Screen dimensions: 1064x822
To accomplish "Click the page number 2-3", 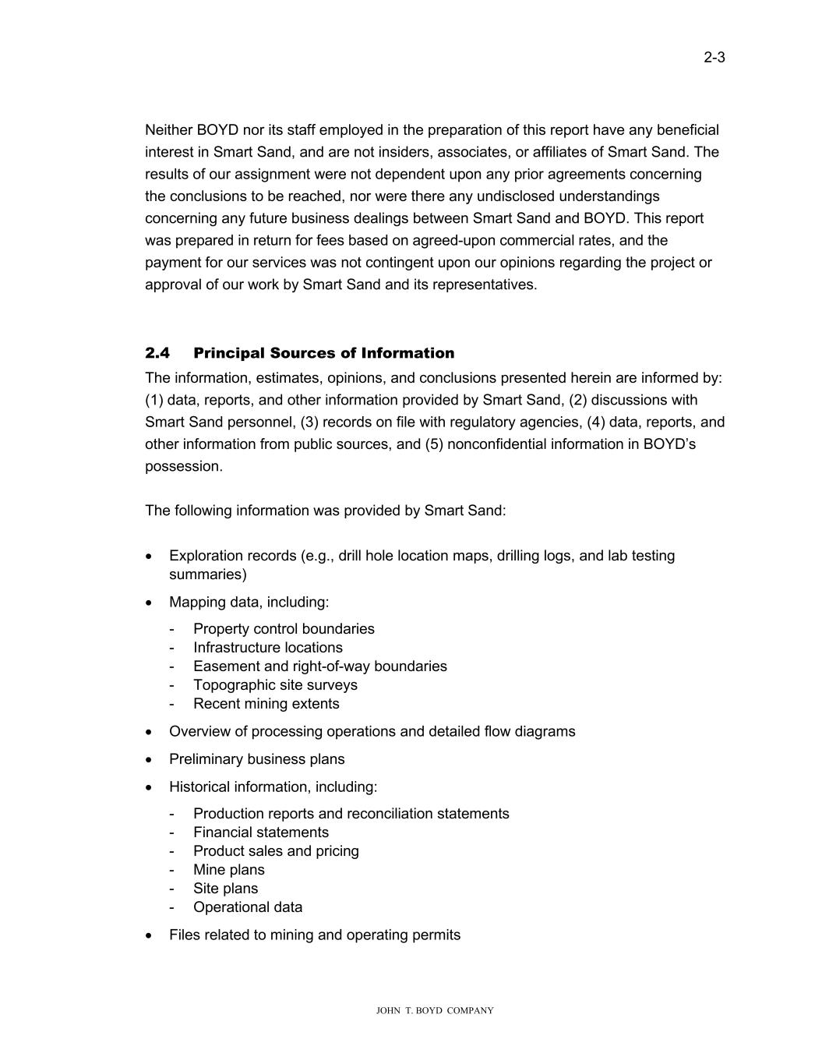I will click(x=714, y=57).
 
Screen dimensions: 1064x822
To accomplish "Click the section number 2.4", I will click(x=157, y=353).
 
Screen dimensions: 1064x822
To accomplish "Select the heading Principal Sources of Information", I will click(x=323, y=353).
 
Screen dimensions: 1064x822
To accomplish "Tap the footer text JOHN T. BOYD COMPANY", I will click(x=434, y=1010).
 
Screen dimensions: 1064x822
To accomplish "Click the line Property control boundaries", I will click(x=284, y=628).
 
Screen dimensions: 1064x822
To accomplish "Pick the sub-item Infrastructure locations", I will click(x=267, y=647).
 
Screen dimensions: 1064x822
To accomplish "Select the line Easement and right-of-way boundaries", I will click(x=319, y=666).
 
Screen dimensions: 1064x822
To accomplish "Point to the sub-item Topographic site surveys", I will click(x=275, y=684).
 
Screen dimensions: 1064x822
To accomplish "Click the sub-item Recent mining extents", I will click(x=266, y=703).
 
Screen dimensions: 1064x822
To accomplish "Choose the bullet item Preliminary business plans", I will click(x=256, y=758).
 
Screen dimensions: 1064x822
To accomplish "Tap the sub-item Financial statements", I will click(x=261, y=832).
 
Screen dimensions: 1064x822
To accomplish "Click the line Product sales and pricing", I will click(x=276, y=850).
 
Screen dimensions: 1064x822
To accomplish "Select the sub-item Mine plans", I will click(x=228, y=869).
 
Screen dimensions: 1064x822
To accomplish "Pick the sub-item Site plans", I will click(x=225, y=888).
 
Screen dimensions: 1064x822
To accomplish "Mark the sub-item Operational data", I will click(x=248, y=907).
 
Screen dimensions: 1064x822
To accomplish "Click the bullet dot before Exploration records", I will click(x=150, y=557).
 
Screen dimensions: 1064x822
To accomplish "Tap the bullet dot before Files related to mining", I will click(x=150, y=935).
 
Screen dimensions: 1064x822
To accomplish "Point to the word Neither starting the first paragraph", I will click(x=168, y=129).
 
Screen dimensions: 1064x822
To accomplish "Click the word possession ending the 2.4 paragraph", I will click(x=183, y=466).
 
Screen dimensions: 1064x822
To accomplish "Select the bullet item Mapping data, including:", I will click(x=249, y=602).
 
